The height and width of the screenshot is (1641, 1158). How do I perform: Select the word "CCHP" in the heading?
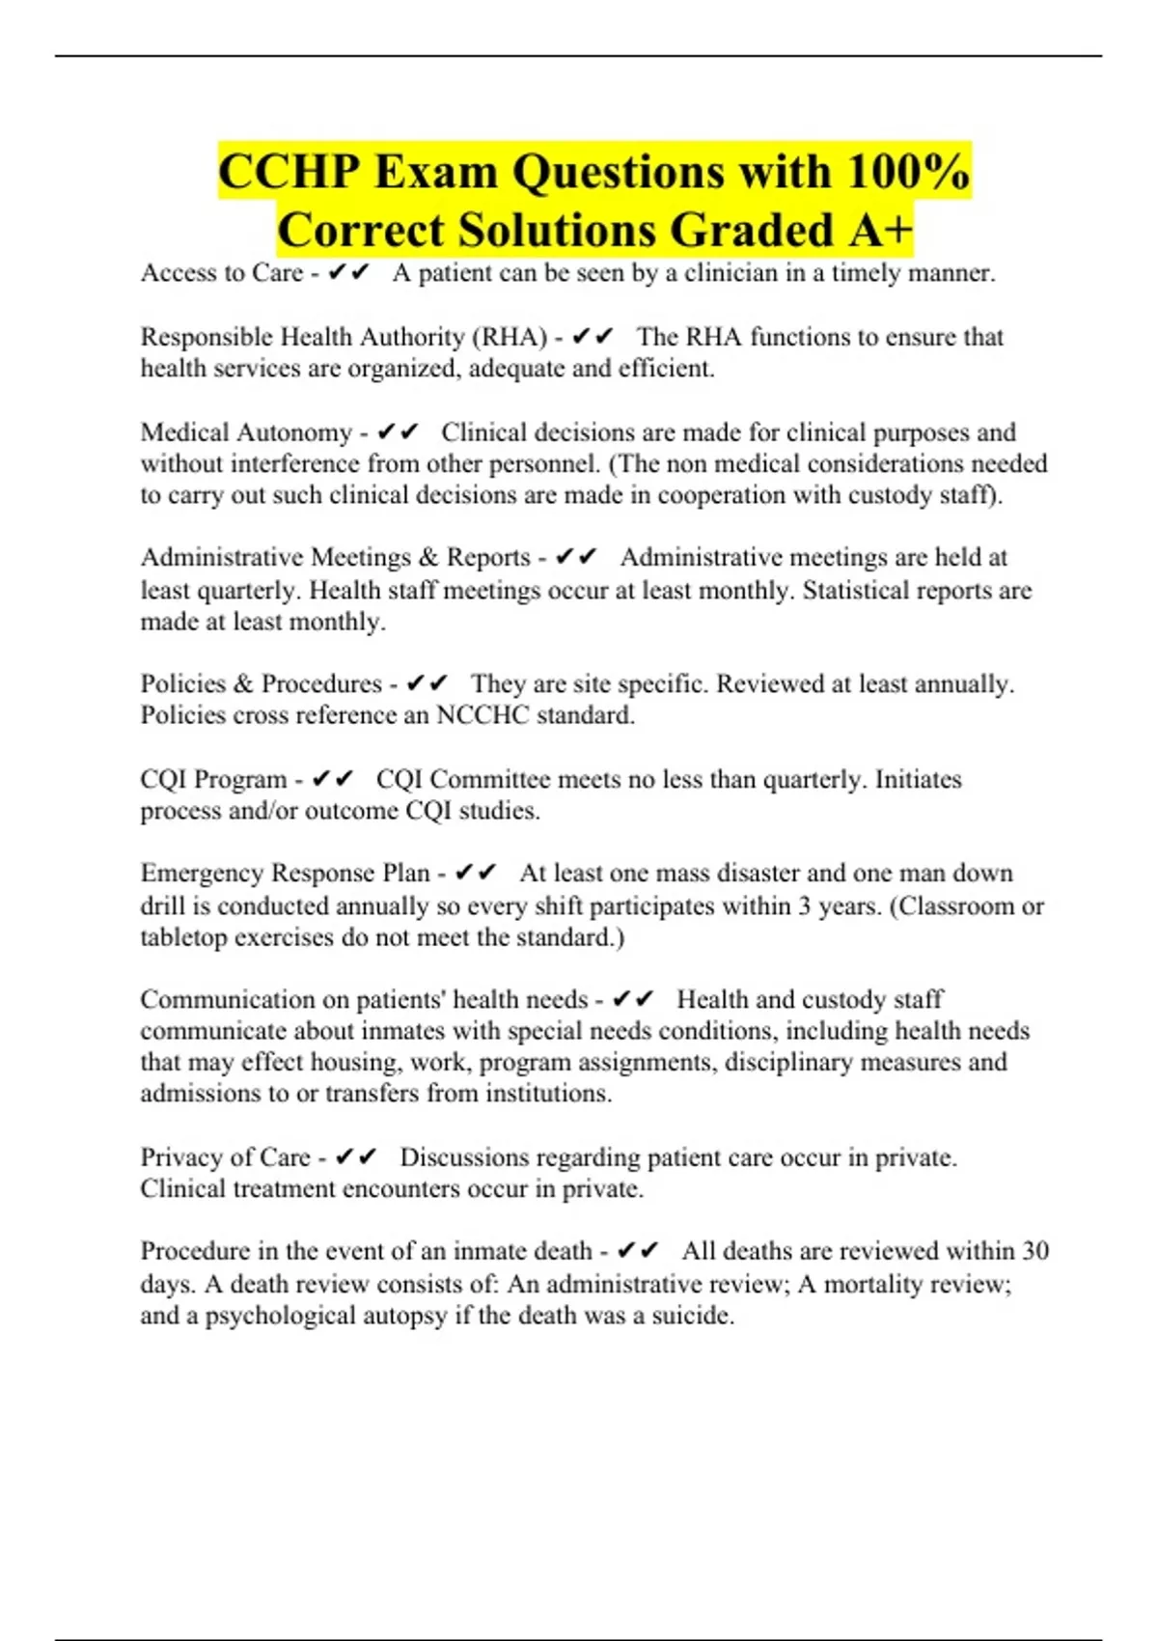point(289,172)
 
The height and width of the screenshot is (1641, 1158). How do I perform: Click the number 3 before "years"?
point(804,905)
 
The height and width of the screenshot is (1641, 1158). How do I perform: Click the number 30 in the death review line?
point(1034,1251)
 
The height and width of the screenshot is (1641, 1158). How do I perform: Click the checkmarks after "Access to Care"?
point(348,273)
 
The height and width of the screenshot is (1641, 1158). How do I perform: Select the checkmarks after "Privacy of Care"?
point(356,1156)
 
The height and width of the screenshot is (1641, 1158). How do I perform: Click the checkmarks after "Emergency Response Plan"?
point(475,874)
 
